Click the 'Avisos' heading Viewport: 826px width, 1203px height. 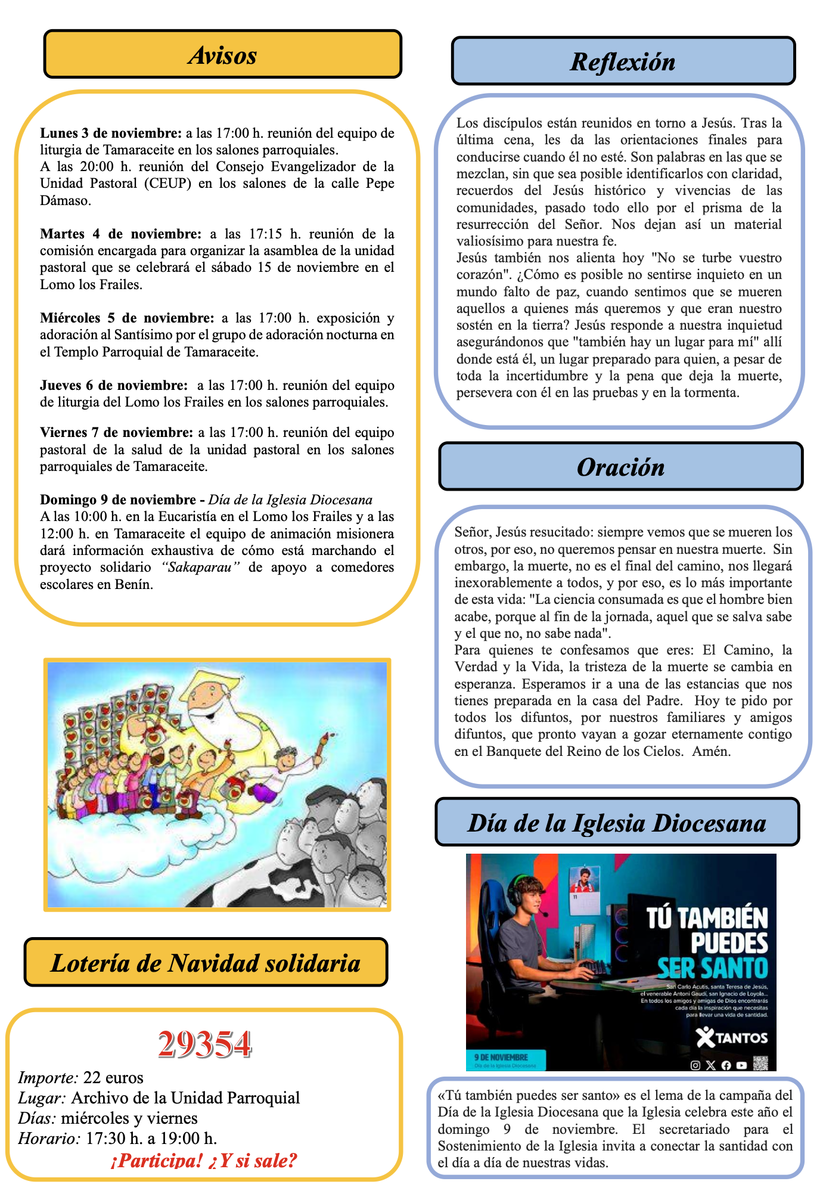point(222,55)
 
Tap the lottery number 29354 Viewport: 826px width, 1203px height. point(205,1045)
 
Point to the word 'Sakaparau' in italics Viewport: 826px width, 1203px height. point(201,567)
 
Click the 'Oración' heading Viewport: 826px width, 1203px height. point(620,467)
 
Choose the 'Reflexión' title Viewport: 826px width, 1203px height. point(623,61)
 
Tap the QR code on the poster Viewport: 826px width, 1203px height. point(760,1063)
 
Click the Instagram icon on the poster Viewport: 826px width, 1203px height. point(695,1065)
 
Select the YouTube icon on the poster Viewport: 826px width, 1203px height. point(741,1065)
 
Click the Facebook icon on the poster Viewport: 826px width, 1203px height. point(726,1065)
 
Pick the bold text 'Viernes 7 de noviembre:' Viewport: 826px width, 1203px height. point(117,432)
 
